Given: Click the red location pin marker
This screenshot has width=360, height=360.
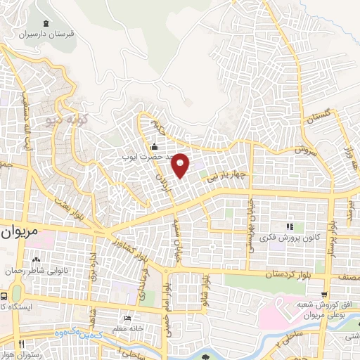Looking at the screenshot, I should [181, 166].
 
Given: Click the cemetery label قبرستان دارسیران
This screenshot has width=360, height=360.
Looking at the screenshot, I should [46, 33].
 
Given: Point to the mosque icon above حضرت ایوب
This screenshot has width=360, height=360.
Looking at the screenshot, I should [154, 146].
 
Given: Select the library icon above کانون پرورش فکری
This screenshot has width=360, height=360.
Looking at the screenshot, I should [289, 226].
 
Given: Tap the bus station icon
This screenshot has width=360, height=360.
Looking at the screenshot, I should [6, 296].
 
